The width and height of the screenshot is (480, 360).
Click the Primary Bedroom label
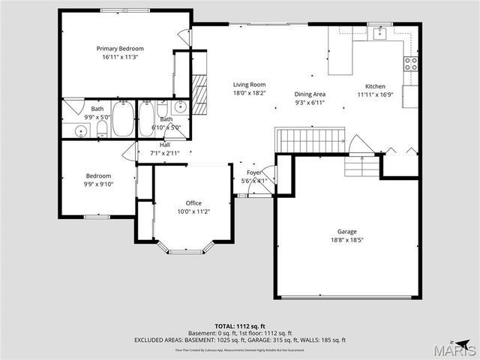(120, 48)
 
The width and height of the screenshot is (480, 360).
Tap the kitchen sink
(380, 32)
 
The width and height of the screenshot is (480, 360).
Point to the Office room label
(193, 203)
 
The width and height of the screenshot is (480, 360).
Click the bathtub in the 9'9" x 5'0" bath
(124, 118)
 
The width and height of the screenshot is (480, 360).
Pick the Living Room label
(248, 85)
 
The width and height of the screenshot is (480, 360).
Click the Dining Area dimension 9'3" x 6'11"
(309, 103)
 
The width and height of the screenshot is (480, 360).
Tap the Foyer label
(254, 172)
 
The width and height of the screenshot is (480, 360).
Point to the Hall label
(165, 145)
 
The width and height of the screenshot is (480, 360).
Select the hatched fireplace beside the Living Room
(199, 93)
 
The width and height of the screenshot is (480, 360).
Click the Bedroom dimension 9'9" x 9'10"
(97, 185)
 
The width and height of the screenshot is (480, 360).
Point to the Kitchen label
(375, 86)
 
